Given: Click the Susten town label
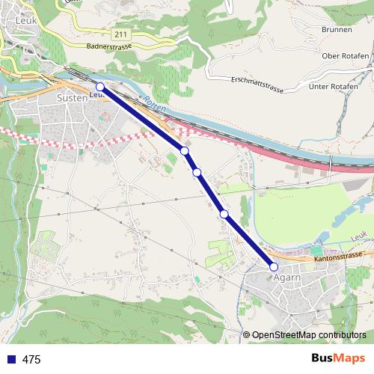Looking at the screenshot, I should click(73, 98).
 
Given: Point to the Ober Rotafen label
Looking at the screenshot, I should click(346, 56).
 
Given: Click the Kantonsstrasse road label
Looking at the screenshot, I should click(339, 257).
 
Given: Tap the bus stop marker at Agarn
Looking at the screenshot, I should click(273, 266).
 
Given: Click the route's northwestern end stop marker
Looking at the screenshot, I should click(100, 87).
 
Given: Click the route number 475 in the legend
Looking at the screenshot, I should click(31, 360).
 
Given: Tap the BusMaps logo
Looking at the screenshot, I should click(338, 359).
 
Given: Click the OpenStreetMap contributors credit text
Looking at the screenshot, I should click(309, 334).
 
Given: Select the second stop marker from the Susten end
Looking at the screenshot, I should click(185, 151).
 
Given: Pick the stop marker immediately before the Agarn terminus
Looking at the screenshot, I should click(224, 215).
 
